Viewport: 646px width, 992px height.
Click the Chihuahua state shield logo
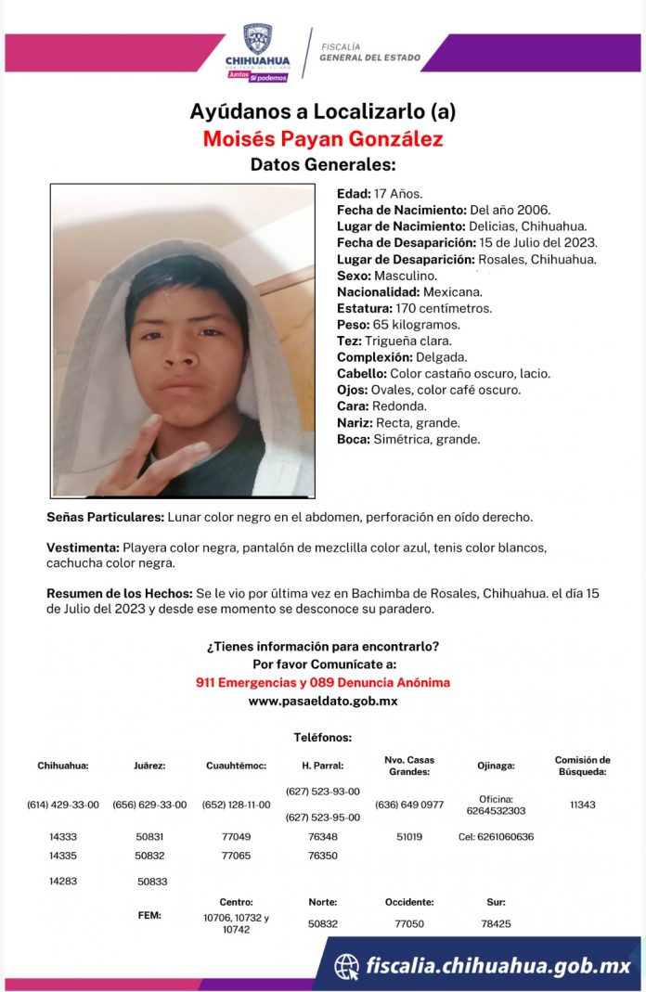point(257,39)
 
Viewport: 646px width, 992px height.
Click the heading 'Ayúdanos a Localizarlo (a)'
point(323,112)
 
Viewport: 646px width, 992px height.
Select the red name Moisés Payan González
point(323,139)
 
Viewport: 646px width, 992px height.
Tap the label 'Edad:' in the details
point(354,194)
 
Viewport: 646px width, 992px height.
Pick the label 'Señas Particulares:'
point(105,516)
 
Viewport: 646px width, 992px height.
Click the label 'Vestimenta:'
point(83,548)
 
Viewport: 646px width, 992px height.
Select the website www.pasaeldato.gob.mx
point(323,701)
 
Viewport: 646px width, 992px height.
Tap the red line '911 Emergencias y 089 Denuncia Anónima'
point(323,682)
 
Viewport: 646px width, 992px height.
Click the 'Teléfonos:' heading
point(323,737)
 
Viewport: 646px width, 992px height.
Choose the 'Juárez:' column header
point(149,766)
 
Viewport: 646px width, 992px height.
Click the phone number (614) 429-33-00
point(63,805)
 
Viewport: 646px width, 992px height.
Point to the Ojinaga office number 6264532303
point(502,810)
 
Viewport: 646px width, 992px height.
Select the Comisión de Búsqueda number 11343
point(583,805)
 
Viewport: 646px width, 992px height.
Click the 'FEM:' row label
point(149,915)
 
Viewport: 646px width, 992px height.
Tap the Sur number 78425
point(497,923)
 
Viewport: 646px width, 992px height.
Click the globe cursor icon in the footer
point(347,965)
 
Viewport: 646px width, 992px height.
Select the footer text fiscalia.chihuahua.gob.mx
point(498,965)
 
